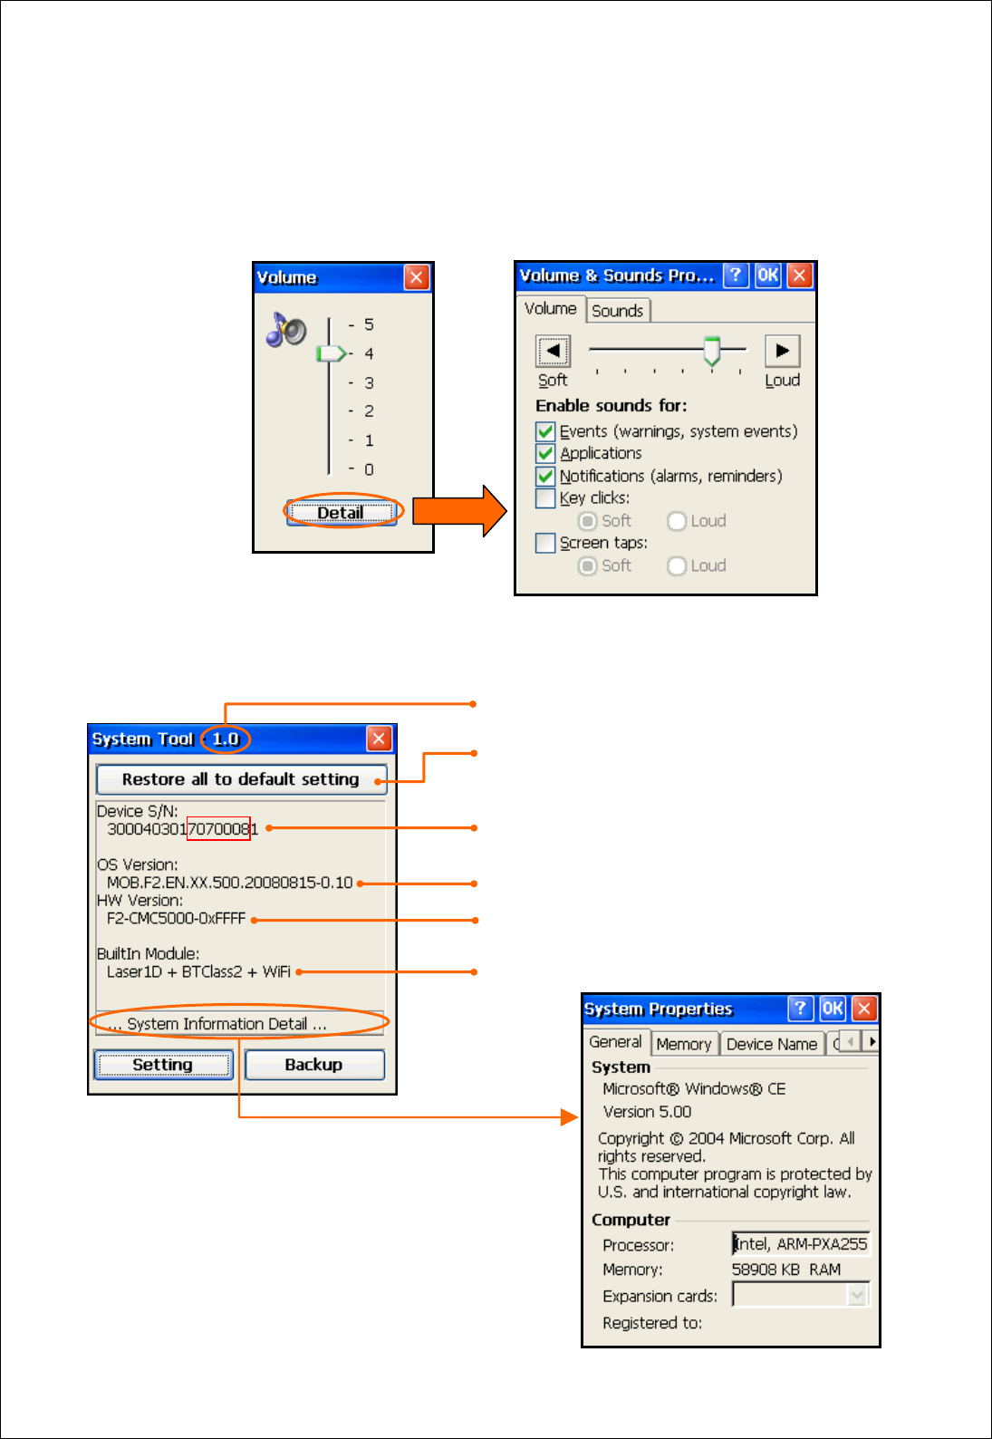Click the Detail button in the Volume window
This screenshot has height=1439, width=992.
point(342,513)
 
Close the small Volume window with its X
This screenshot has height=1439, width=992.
point(416,277)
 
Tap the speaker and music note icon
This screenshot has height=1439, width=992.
point(286,330)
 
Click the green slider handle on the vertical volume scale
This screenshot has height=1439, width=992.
point(331,353)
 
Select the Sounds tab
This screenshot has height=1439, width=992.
point(617,311)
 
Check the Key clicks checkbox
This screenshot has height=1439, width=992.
point(545,498)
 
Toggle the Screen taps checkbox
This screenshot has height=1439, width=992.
point(545,543)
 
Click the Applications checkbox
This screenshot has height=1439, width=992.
point(545,453)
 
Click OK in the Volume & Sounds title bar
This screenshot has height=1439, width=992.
point(767,275)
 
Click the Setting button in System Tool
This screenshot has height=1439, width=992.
point(162,1065)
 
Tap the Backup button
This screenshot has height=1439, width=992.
point(313,1065)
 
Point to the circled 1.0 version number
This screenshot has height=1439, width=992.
point(225,739)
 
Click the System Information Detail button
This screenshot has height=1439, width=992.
point(226,1024)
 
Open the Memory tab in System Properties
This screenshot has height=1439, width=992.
point(683,1044)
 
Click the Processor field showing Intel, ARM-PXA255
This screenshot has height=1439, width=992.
point(800,1244)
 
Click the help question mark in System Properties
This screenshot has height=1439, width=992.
point(800,1009)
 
